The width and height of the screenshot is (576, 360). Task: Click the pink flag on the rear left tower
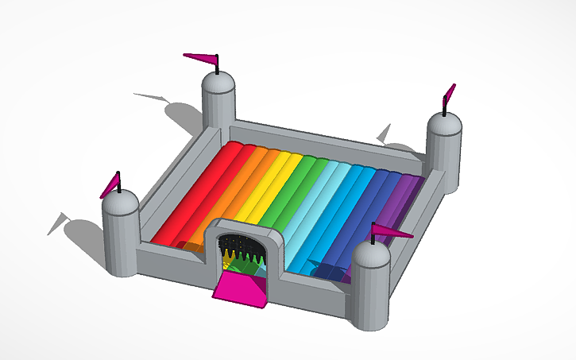[x=201, y=56]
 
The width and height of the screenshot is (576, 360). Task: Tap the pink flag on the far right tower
[x=449, y=94]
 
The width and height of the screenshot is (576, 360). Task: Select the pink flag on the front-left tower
[x=110, y=185]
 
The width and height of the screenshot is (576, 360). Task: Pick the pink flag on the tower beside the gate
[x=392, y=232]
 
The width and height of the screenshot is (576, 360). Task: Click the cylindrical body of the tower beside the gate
[x=369, y=294]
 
